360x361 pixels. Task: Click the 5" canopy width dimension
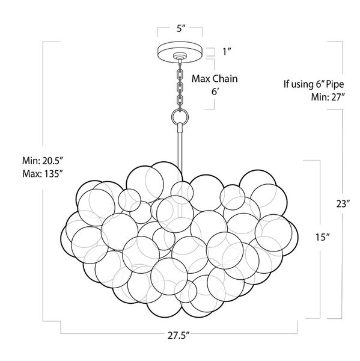tap(181, 29)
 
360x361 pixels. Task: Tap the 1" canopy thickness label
tap(227, 52)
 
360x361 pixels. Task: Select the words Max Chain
tap(215, 79)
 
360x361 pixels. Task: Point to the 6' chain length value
tap(215, 91)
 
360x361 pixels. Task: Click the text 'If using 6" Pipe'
tap(314, 84)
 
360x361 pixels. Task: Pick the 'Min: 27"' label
tap(328, 97)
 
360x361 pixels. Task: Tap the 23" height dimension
tap(343, 204)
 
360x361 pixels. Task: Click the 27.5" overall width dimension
tap(178, 335)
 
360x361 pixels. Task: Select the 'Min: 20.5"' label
tap(43, 161)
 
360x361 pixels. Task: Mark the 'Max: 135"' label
tap(43, 174)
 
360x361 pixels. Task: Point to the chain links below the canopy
tap(180, 85)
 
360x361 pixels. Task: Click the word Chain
tap(225, 79)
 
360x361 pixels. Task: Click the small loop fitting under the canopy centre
tap(180, 57)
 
